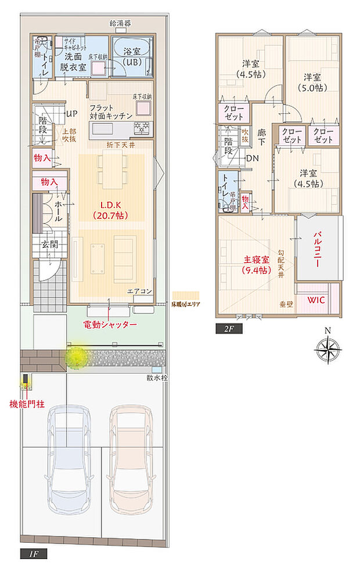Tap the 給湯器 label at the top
[120, 23]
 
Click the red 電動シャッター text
[110, 324]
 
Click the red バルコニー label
[318, 250]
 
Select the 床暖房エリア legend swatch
[186, 295]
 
